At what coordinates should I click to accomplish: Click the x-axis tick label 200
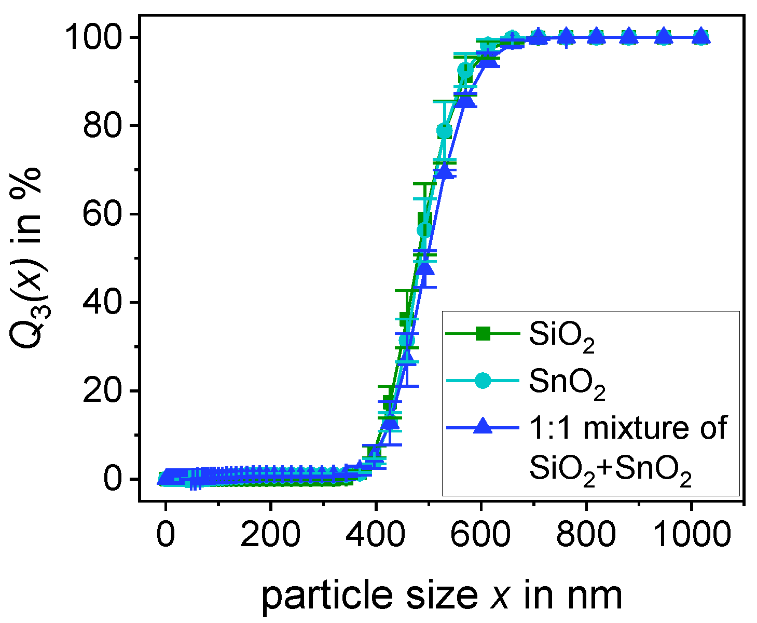270,533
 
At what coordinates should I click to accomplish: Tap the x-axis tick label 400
376,533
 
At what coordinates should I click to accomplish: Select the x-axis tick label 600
481,533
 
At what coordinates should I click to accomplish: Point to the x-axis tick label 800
586,533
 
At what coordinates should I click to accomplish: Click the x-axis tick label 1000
691,533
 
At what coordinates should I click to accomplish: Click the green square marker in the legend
483,334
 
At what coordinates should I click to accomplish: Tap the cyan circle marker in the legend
483,380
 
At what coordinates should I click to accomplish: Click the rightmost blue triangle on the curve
701,36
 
